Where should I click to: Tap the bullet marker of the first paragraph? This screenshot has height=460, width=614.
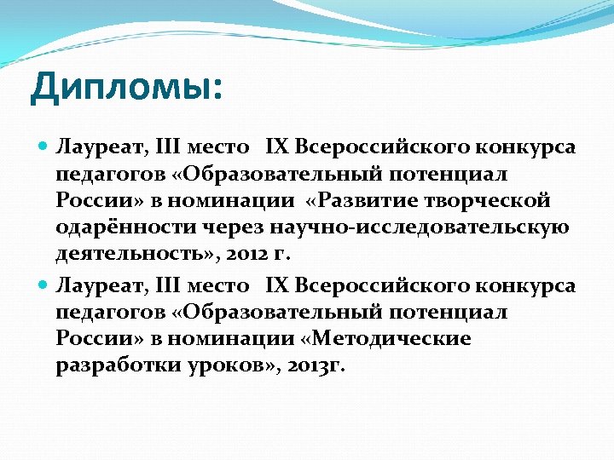click(x=43, y=147)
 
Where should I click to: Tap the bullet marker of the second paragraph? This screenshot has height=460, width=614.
click(x=43, y=285)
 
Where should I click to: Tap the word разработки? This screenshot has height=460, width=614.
click(x=109, y=365)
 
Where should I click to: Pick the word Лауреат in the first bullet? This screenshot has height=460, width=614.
click(x=93, y=147)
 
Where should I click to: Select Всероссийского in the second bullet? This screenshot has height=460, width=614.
click(x=376, y=285)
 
